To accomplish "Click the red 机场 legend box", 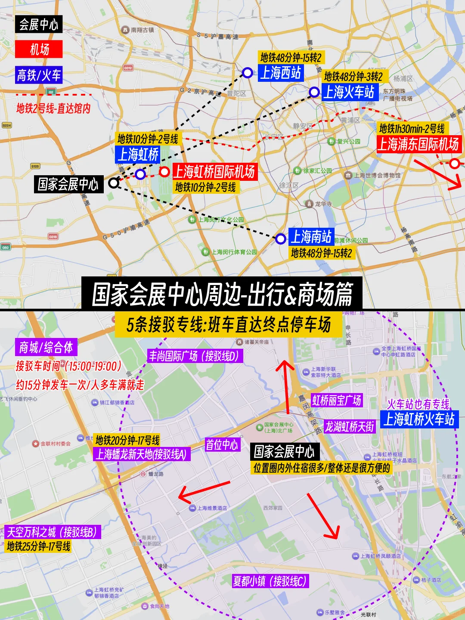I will tap(39, 49).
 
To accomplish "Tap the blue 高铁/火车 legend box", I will tap(39, 75).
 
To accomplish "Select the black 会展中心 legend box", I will tap(39, 24).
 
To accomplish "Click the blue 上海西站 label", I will tap(281, 73).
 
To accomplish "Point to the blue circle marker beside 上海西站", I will tap(247, 73).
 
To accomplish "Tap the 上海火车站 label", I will tap(349, 92).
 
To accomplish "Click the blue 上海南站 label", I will tap(311, 237).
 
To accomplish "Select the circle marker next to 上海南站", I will tap(281, 239).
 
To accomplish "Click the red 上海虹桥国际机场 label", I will tap(214, 172).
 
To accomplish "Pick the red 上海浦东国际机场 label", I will tap(418, 144).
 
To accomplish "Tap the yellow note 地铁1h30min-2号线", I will tap(412, 128).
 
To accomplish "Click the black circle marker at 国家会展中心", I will tap(114, 183).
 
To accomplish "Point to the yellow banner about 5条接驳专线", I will tap(229, 325).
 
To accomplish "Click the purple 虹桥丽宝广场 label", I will tap(337, 400).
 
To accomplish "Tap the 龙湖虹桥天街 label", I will tap(350, 427).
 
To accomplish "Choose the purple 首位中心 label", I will tap(222, 445).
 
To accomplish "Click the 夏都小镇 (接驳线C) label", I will tap(270, 581).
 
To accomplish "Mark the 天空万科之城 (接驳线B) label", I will tap(52, 532).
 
